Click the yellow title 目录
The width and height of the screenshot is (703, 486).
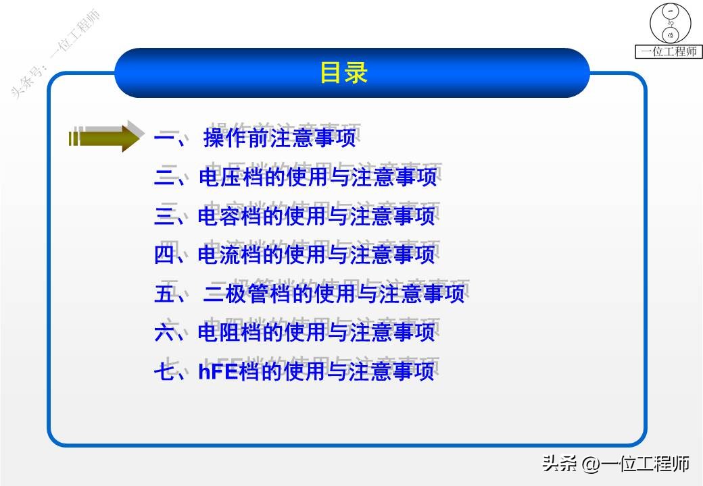coord(343,73)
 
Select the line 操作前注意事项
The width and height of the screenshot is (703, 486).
coord(278,139)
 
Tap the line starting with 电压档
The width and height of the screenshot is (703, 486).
coord(318,178)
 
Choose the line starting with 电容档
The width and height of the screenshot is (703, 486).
coord(316,217)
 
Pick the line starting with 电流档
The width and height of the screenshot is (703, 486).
coord(316,255)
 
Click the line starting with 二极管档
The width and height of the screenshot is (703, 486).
coord(334,294)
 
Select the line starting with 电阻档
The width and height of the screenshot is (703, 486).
coord(316,333)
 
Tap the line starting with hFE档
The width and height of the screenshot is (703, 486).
coord(316,372)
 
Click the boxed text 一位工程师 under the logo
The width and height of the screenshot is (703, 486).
coord(669,51)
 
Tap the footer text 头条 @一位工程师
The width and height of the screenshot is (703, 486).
coord(615,464)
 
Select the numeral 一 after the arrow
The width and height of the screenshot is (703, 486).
coord(164,139)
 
